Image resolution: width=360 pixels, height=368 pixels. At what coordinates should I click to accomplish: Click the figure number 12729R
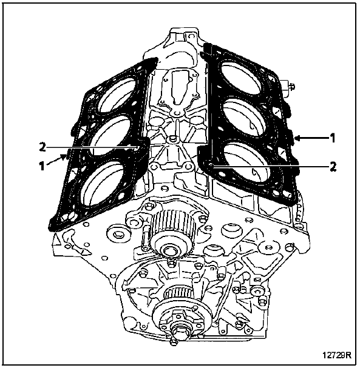point(337,355)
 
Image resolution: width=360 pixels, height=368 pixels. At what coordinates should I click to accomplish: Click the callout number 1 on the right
point(332,138)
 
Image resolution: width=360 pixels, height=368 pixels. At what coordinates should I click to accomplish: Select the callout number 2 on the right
point(333,167)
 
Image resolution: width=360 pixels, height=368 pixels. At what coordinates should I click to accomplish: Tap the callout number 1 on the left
point(42,166)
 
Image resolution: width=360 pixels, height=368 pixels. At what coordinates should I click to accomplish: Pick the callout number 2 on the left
point(42,147)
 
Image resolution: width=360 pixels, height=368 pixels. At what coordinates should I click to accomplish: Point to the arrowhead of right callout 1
point(297,138)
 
